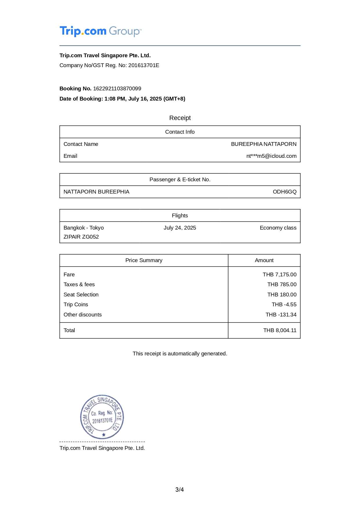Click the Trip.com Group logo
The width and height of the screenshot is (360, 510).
100,31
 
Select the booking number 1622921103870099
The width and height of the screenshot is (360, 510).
117,89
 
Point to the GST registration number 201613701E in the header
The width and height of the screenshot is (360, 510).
144,65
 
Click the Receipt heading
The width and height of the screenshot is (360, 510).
180,118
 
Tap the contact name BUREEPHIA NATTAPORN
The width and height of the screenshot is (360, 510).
264,144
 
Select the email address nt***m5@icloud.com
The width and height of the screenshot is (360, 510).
271,156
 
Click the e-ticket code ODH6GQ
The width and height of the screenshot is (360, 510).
285,192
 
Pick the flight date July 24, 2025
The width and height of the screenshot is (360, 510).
180,228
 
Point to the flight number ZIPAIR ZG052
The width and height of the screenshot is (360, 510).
81,237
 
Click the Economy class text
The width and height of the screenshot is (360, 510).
278,228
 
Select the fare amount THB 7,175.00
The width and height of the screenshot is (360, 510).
280,275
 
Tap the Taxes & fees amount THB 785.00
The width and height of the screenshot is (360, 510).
282,284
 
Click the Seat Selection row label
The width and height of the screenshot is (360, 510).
81,295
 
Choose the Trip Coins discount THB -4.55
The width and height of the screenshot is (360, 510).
284,305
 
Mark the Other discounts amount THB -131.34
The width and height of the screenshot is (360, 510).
281,315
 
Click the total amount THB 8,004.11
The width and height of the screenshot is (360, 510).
280,330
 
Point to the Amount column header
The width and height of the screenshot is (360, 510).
264,260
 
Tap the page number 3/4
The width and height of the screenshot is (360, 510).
180,490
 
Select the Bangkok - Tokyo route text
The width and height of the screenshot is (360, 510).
84,228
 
